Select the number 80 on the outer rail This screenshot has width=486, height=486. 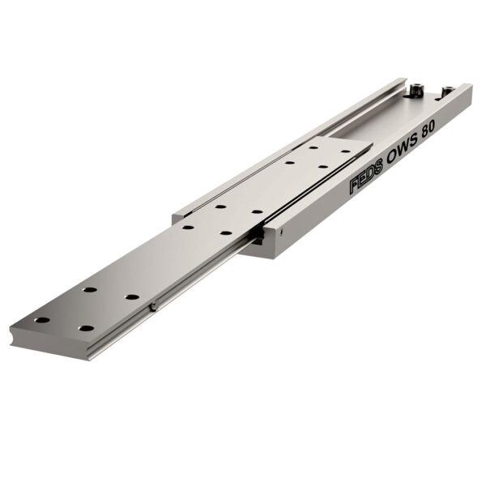(428, 128)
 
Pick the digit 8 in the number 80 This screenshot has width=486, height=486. (425, 130)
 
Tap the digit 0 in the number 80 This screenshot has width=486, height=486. (432, 125)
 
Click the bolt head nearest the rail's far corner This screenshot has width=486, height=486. (447, 91)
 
